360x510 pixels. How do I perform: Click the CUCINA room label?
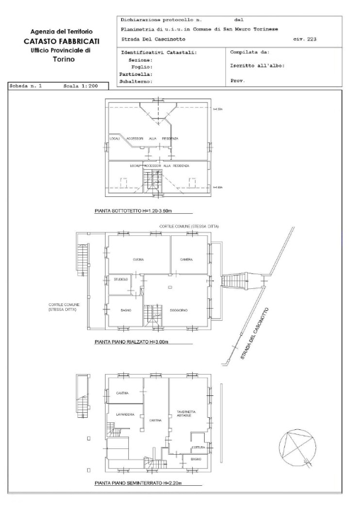point(138,259)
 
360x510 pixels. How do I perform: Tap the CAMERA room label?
point(186,259)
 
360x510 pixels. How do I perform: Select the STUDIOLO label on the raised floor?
point(121,280)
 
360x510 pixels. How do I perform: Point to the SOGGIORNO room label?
point(178,310)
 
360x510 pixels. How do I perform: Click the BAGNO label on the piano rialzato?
point(126,310)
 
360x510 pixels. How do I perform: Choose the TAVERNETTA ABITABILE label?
point(187,414)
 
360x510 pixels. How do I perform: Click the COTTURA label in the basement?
point(199,447)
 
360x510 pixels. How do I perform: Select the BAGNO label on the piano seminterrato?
point(196,460)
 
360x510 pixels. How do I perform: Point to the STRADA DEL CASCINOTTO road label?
point(254,334)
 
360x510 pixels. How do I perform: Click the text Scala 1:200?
point(79,86)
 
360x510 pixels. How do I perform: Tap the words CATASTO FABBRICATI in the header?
point(60,42)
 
